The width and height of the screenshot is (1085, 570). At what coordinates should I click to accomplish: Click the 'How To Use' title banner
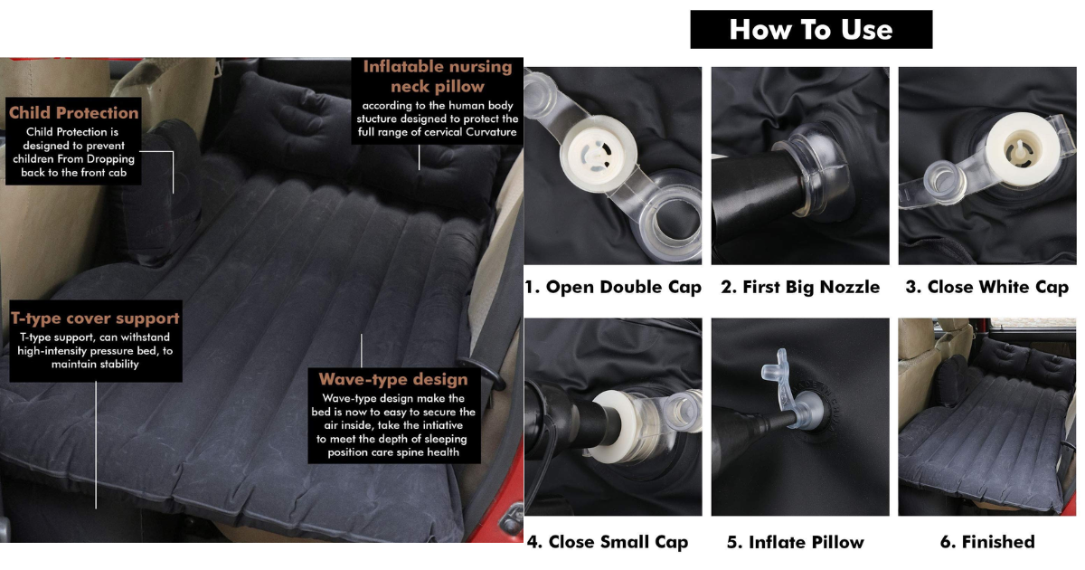pos(811,30)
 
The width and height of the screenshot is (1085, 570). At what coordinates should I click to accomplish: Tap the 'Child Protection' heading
pos(73,113)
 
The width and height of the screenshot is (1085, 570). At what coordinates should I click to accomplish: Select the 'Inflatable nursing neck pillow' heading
pos(438,76)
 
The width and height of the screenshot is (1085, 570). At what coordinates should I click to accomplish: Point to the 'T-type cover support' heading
pos(96,318)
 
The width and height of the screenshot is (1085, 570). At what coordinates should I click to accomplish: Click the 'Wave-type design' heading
pos(393,379)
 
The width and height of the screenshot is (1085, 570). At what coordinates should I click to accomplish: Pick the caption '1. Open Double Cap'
pos(613,287)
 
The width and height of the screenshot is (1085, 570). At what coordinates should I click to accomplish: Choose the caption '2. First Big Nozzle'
pos(800,287)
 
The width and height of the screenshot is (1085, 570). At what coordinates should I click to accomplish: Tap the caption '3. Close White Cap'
pos(987,287)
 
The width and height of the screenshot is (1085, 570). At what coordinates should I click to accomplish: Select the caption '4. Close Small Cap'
pos(608,542)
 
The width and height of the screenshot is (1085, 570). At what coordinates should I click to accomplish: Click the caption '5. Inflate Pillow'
pos(796,542)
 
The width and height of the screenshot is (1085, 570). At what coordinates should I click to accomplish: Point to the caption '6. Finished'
pos(987,542)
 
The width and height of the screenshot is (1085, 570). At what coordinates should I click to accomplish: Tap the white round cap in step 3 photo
pos(1022,148)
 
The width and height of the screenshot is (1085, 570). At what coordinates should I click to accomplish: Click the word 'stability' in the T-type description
pos(119,364)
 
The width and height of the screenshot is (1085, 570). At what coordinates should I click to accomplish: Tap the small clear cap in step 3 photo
pos(942,182)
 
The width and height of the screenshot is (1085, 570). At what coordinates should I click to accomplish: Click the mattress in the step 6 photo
pos(984,451)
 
